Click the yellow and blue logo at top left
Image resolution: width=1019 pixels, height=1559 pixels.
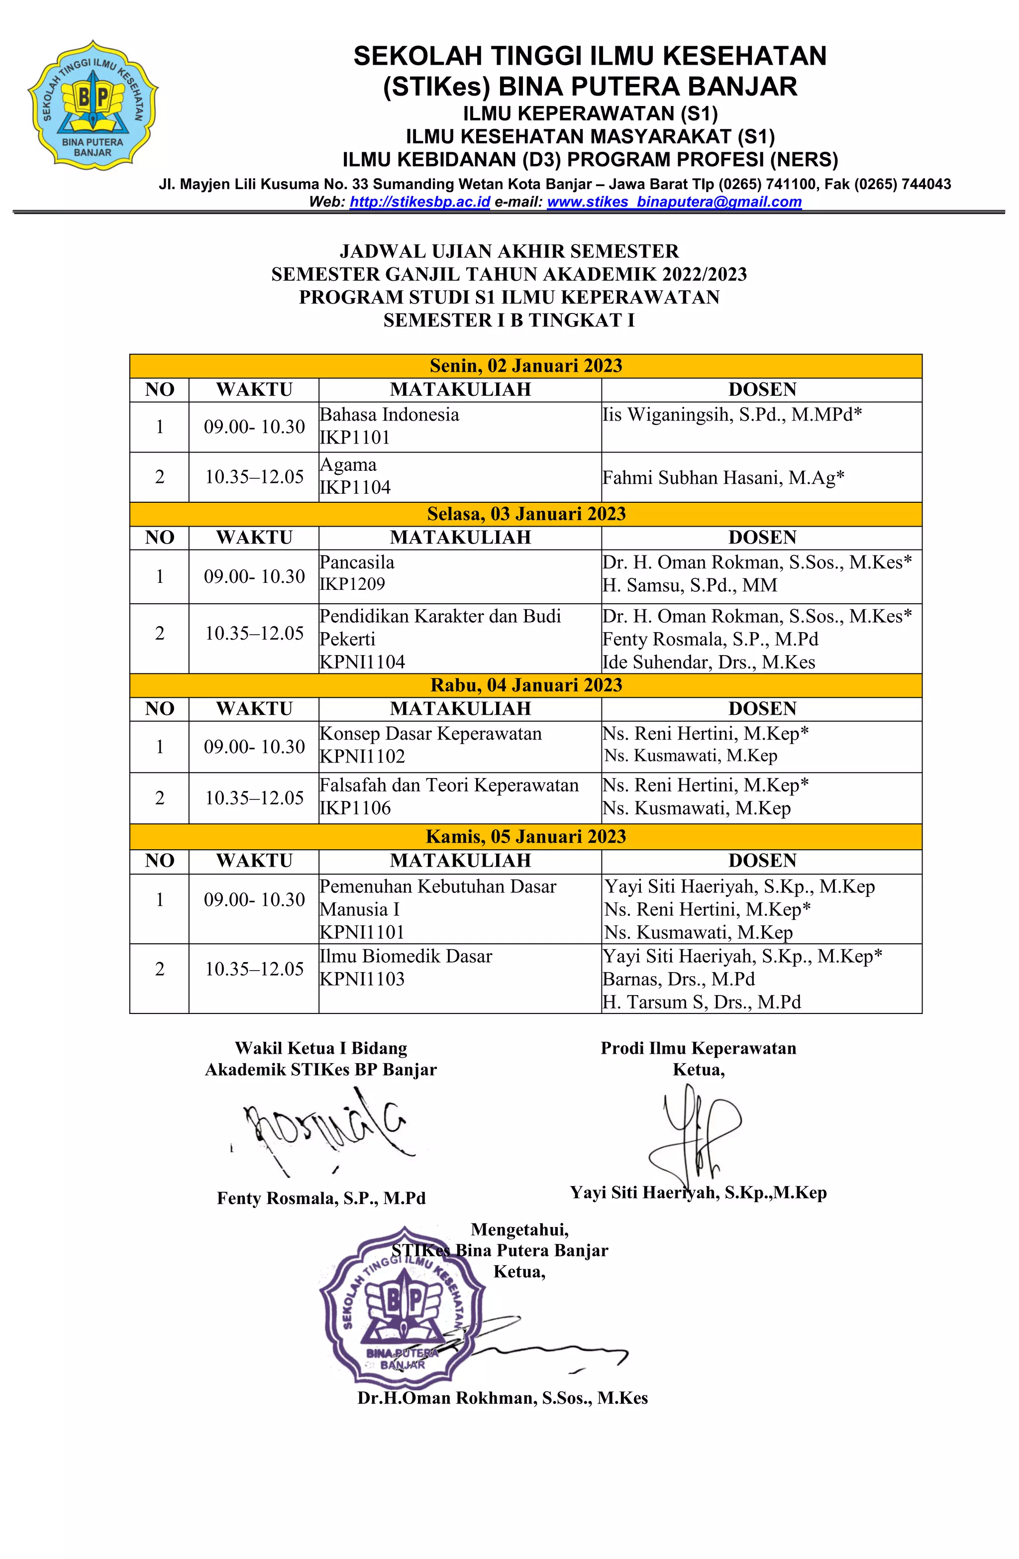tap(93, 105)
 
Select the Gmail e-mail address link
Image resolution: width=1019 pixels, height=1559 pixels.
tap(674, 202)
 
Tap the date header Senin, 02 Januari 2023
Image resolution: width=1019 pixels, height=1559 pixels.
tap(525, 365)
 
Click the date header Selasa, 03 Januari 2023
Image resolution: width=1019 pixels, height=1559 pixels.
tap(525, 514)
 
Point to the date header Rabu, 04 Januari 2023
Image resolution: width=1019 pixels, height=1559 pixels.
tap(525, 685)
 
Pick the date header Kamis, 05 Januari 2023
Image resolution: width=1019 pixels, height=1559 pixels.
tap(525, 836)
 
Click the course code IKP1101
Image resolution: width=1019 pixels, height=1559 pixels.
tap(355, 438)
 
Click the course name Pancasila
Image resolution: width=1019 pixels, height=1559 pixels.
tap(357, 562)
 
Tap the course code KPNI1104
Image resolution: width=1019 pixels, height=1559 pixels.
tap(362, 662)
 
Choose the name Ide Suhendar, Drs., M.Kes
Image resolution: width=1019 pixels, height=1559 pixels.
tap(709, 662)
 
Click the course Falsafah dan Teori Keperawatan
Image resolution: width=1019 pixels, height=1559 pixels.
tap(449, 785)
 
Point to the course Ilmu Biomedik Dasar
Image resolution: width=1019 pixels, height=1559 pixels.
tap(406, 956)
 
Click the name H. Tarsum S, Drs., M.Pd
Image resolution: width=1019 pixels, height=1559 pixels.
tap(702, 1002)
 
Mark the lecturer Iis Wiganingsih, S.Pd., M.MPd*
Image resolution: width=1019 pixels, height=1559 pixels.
tap(731, 415)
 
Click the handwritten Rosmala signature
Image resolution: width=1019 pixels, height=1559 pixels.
tap(324, 1130)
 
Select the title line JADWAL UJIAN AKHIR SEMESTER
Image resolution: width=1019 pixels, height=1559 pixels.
tap(509, 251)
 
